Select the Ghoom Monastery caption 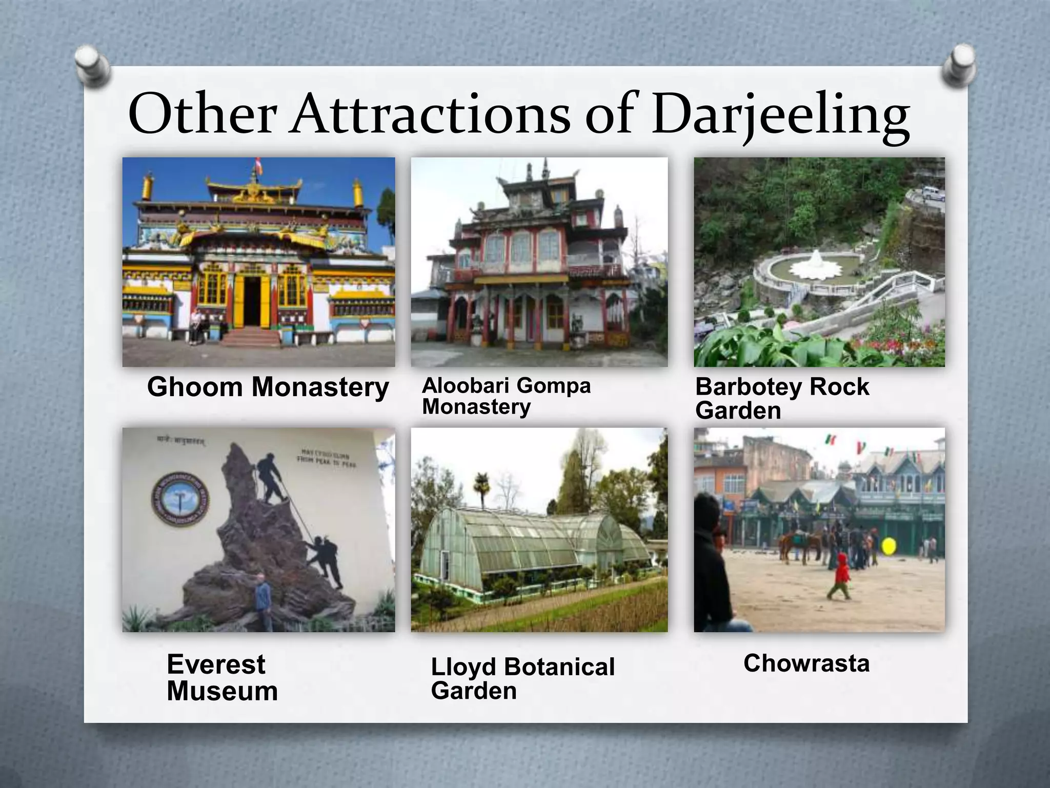[268, 387]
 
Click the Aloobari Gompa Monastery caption [506, 396]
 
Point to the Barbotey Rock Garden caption [782, 398]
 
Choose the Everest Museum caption [222, 677]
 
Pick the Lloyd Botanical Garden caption [522, 678]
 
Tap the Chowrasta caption [806, 663]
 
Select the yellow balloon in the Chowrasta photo [889, 546]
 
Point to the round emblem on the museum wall [180, 499]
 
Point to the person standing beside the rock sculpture [263, 600]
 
